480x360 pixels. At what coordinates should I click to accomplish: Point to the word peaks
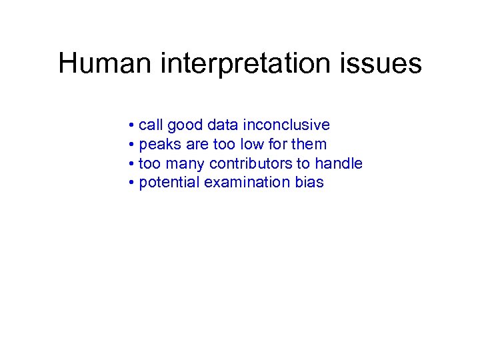coord(159,145)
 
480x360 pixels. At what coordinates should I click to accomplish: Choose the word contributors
coord(250,163)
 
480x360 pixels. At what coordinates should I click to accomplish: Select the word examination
coord(247,183)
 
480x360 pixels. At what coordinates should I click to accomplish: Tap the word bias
coord(309,183)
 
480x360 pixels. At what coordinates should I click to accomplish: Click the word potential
coord(169,183)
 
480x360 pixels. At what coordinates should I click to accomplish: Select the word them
coord(310,145)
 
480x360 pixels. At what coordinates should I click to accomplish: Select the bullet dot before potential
coord(133,183)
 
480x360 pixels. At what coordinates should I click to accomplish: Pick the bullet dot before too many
coord(133,164)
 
